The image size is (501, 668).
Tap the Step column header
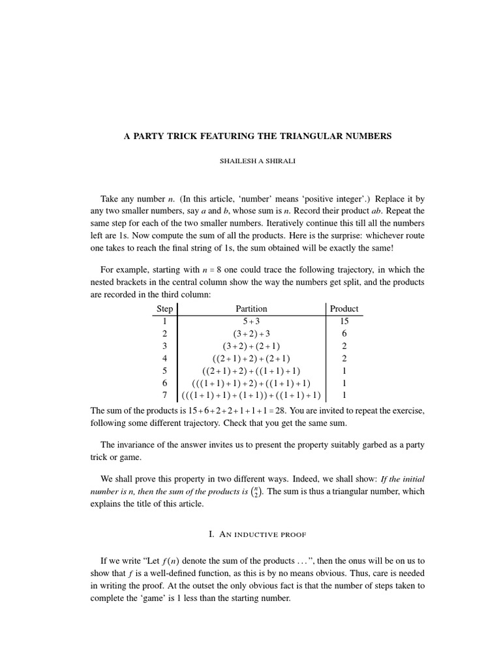165,309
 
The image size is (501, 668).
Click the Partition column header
251,309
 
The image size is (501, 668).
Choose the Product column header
344,309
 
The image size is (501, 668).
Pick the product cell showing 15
344,321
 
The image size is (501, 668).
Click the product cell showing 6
344,333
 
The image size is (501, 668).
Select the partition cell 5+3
251,321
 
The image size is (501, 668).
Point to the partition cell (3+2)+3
251,333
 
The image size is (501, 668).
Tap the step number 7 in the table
165,395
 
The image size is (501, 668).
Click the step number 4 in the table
165,358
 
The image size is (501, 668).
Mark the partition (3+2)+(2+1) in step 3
251,346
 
